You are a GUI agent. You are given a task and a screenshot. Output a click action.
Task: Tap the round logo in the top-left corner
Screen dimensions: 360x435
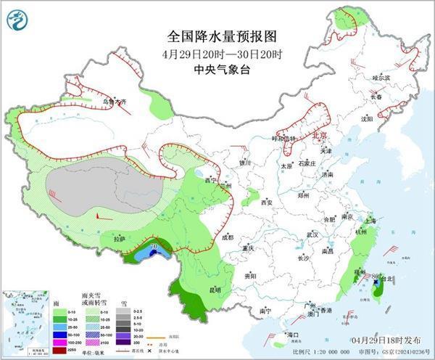pos(17,20)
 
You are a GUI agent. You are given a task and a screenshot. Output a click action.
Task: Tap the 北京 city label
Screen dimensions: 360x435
pos(318,135)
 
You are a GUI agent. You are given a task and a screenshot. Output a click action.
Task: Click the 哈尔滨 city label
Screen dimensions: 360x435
pos(381,77)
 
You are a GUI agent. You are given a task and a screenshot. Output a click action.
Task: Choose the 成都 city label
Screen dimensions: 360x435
pos(228,237)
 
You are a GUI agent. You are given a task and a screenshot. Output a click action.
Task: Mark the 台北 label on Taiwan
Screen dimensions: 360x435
pos(388,278)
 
